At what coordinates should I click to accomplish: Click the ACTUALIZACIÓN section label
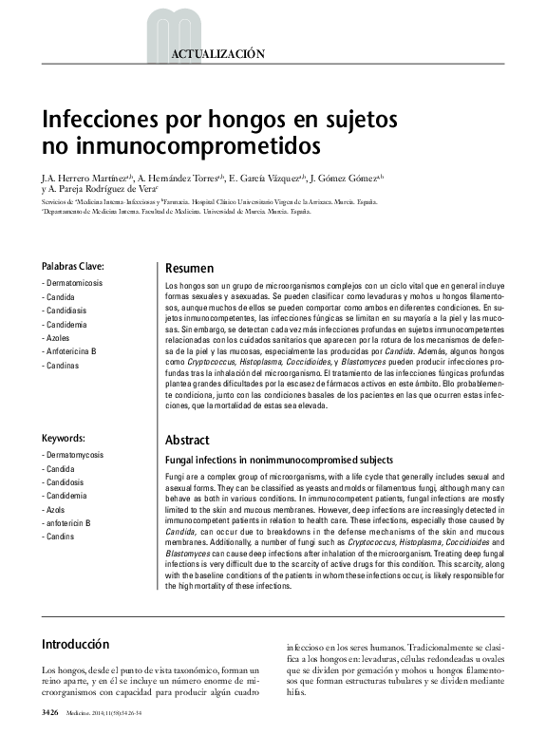pyautogui.click(x=217, y=55)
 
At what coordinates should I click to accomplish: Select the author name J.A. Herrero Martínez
pyautogui.click(x=84, y=178)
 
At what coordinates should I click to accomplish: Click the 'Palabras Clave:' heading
pyautogui.click(x=72, y=266)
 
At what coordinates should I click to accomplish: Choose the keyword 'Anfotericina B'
pyautogui.click(x=70, y=351)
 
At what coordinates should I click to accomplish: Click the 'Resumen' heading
pyautogui.click(x=189, y=269)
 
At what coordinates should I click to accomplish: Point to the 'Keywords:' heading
pyautogui.click(x=64, y=438)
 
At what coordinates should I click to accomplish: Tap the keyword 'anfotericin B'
pyautogui.click(x=67, y=523)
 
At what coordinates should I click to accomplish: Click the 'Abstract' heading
pyautogui.click(x=188, y=441)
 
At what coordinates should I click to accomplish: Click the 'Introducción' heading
pyautogui.click(x=75, y=645)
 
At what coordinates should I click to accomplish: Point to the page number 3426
pyautogui.click(x=51, y=711)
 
